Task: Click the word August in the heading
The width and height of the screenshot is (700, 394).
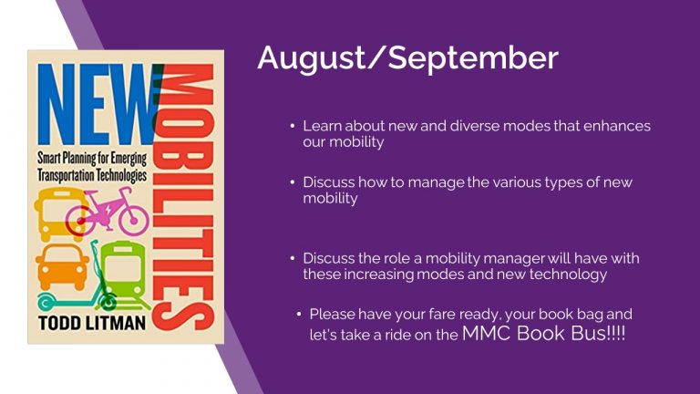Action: pyautogui.click(x=311, y=58)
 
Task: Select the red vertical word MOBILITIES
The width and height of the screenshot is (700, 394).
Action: pyautogui.click(x=183, y=198)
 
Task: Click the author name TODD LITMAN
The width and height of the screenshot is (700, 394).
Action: pyautogui.click(x=92, y=323)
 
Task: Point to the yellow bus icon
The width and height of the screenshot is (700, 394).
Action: pyautogui.click(x=59, y=214)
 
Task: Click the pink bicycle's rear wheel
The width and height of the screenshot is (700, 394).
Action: pyautogui.click(x=133, y=220)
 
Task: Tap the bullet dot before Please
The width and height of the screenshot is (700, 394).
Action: pyautogui.click(x=299, y=315)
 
